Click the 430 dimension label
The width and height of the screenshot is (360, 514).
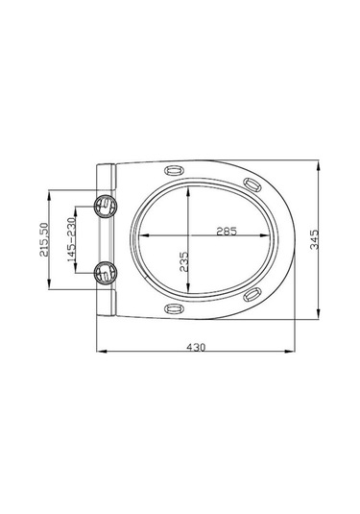point(196,347)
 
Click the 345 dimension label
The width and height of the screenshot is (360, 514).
point(314,239)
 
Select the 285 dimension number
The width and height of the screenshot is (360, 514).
point(227,232)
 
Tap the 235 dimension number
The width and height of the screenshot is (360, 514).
point(183,261)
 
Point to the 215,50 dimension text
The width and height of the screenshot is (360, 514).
point(43,239)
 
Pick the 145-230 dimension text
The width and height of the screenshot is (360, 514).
point(71,239)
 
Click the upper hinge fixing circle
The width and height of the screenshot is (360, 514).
point(106,206)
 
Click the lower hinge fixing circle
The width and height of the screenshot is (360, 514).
point(106,273)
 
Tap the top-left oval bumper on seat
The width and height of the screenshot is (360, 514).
point(174,170)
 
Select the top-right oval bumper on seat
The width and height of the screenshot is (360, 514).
point(252,184)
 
